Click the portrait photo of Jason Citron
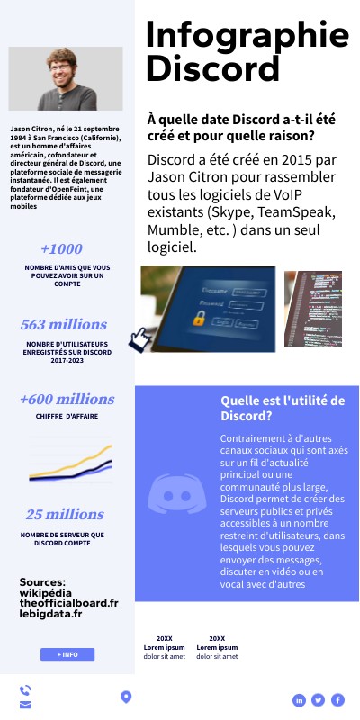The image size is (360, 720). pos(66,78)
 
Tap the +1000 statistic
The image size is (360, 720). pos(61,249)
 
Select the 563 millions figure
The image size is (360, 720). pos(64,324)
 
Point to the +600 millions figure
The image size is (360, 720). pos(67,399)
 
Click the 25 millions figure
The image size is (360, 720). pos(65,515)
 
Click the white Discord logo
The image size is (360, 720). pos(176,493)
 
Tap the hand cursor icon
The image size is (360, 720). pos(139,339)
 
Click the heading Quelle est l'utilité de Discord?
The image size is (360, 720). pos(283,408)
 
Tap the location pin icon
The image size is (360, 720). pos(126,696)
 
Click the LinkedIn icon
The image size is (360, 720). pos(299,699)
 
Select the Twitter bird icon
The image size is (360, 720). pos(319,699)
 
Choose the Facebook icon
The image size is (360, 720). pos(338,699)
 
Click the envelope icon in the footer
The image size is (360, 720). pos(25,704)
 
